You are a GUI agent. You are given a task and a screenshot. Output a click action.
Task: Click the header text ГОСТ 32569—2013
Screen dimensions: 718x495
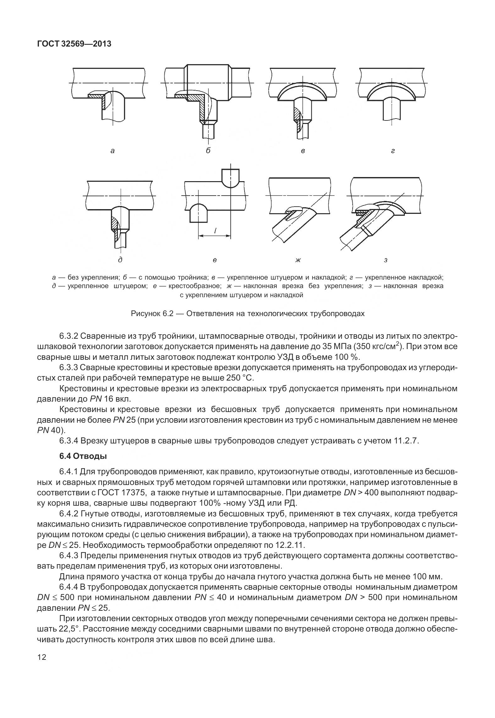coord(74,44)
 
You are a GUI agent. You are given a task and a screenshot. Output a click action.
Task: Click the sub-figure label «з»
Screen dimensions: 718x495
coord(386,260)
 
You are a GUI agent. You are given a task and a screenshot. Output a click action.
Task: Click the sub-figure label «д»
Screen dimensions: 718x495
coord(120,260)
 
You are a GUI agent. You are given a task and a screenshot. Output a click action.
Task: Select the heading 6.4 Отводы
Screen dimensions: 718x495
coord(83,456)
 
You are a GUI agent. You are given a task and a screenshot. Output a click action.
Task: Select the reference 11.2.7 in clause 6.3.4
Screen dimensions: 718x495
coord(405,441)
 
